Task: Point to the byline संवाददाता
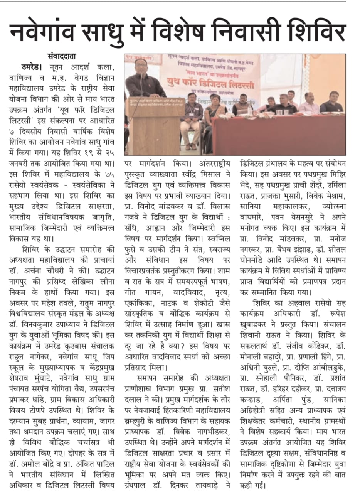(62, 56)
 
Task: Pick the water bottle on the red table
(250, 110)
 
